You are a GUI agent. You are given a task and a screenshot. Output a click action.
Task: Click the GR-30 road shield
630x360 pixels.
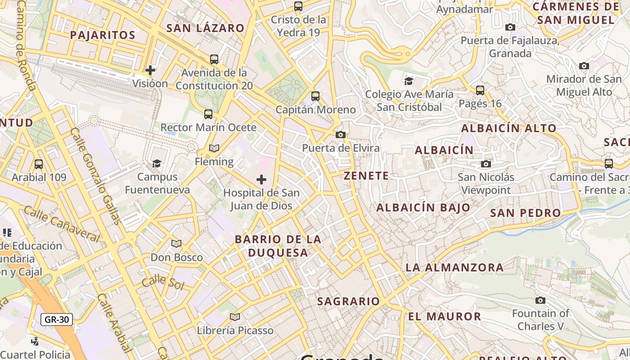tap(57, 319)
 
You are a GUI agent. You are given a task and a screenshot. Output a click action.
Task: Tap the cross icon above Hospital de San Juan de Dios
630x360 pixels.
tap(261, 180)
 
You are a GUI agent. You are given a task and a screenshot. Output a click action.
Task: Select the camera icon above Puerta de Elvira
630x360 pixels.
tap(341, 135)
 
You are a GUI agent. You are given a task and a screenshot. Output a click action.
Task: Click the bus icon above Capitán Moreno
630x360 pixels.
tap(315, 96)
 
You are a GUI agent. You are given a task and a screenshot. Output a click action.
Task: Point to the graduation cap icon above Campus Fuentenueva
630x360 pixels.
tap(157, 163)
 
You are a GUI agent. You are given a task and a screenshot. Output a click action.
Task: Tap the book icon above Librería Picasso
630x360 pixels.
tap(235, 317)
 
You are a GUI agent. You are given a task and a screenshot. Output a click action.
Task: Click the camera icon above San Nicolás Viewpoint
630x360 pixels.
tap(486, 164)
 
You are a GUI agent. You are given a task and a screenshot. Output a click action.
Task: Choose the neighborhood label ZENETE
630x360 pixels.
tap(366, 176)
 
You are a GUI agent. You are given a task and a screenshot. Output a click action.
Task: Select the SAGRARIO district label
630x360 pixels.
tap(348, 301)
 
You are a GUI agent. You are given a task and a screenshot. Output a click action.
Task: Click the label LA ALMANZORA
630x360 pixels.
tap(454, 268)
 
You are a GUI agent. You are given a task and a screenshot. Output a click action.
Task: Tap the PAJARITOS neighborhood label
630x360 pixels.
tap(103, 35)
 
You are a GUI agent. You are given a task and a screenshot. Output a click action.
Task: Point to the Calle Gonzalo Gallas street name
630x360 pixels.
tap(96, 175)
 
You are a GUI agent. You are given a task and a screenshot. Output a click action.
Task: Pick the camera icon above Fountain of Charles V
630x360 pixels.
tap(540, 300)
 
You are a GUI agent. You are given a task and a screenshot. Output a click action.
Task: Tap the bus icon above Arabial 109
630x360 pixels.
tap(39, 164)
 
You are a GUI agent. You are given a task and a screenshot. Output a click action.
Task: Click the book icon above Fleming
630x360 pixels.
tap(214, 148)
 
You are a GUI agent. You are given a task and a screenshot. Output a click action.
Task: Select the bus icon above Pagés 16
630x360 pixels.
tap(480, 90)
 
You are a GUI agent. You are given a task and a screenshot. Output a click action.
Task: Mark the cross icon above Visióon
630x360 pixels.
tap(150, 70)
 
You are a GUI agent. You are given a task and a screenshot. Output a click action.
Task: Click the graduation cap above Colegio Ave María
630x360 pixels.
tap(409, 81)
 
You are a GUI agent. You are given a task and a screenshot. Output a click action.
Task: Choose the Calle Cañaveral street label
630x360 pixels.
tap(62, 224)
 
